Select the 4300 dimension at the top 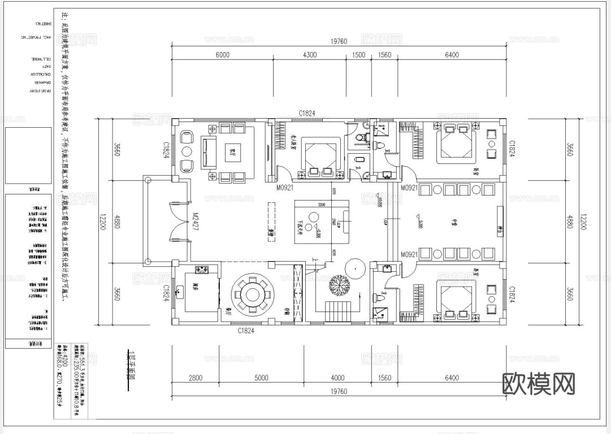(x=310, y=55)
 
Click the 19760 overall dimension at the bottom (x=339, y=391)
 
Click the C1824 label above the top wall (x=306, y=114)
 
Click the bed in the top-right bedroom (x=455, y=145)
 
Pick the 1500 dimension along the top (x=358, y=55)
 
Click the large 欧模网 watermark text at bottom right (x=539, y=384)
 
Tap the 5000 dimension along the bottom (x=261, y=378)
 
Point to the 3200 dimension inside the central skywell (x=321, y=205)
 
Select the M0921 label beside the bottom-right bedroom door (x=409, y=255)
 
